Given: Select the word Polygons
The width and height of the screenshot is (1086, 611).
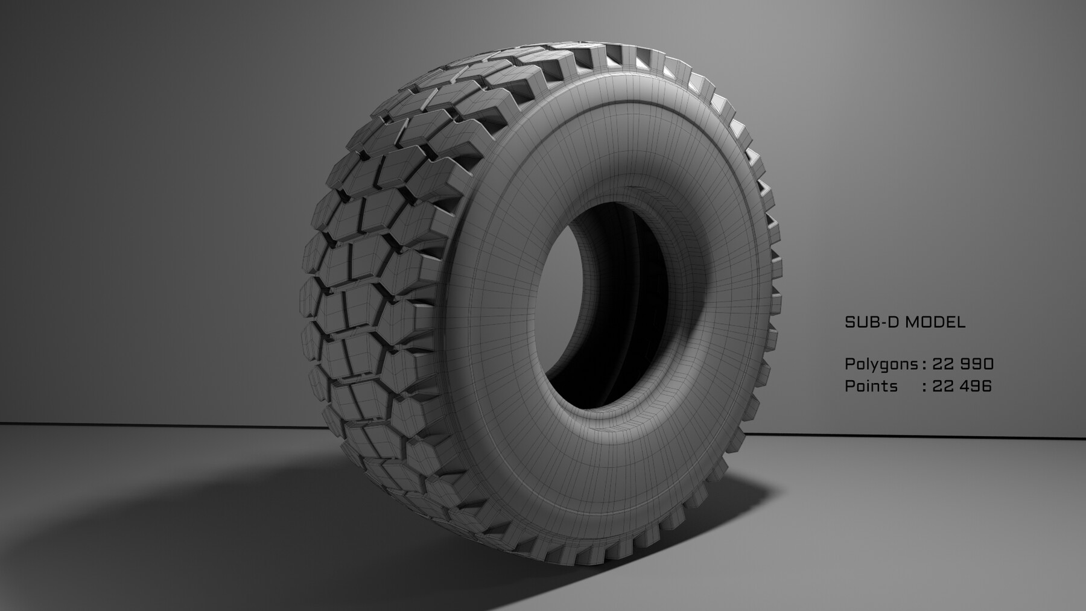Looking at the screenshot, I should coord(881,365).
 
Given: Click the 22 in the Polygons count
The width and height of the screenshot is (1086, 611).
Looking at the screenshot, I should coord(942,364).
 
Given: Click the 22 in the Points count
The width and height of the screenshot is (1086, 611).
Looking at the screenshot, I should coord(942,386).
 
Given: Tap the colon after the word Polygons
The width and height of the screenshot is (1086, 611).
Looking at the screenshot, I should coord(924,365).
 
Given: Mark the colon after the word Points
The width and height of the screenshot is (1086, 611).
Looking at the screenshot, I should coord(924,387).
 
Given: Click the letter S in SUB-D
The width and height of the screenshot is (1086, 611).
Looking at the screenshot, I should coord(850,322).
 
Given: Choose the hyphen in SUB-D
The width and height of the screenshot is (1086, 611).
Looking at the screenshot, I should coord(881,322).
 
